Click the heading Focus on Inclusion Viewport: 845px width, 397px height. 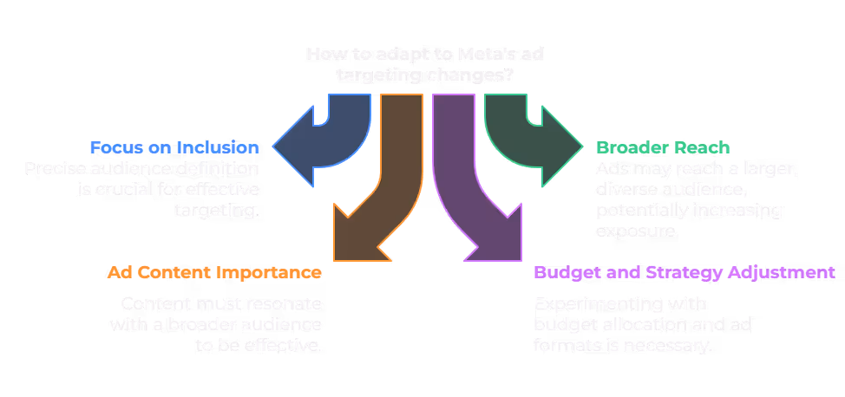[174, 147]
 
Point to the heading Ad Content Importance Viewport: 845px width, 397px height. [214, 272]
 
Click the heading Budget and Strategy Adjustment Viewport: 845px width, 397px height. [685, 272]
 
